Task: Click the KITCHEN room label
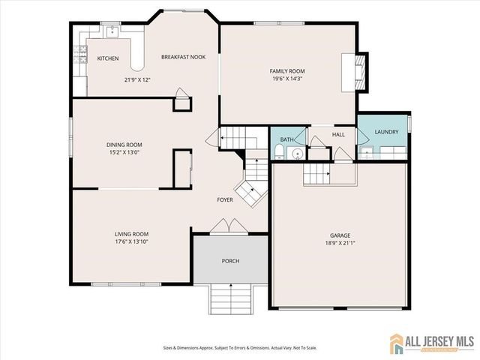point(107,58)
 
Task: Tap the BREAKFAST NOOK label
point(183,57)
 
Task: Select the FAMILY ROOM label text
point(287,71)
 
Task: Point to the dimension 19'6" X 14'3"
point(287,79)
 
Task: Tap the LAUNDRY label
point(385,132)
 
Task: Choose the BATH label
point(286,139)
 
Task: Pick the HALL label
point(338,134)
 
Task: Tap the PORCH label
point(229,261)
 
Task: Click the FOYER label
point(225,199)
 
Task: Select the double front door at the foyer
point(228,226)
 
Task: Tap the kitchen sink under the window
point(110,32)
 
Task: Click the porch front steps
point(230,301)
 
